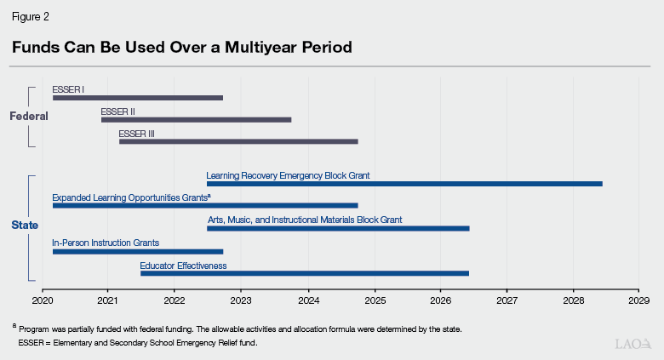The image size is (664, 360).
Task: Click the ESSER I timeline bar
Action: pos(138,98)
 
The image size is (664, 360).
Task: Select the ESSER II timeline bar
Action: pos(196,120)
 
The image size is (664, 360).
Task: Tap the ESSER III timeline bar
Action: pos(238,141)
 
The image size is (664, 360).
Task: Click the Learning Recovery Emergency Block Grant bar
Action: pos(404,184)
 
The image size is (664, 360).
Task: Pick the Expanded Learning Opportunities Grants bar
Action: pos(205,206)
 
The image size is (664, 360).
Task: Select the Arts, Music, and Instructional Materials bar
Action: pos(338,228)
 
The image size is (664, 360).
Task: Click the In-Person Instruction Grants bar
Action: pos(138,251)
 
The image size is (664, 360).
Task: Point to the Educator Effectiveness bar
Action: pos(305,273)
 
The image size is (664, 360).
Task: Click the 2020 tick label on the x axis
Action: pos(42,300)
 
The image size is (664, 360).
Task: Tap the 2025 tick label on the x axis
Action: pos(375,300)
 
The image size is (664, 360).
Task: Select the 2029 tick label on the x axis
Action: pos(639,300)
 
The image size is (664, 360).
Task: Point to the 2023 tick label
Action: pos(241,300)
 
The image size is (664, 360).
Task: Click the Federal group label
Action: pos(28,116)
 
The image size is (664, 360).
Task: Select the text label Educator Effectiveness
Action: pos(183,266)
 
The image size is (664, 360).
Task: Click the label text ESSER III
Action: pos(136,134)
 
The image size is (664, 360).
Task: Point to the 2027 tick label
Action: pos(507,300)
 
